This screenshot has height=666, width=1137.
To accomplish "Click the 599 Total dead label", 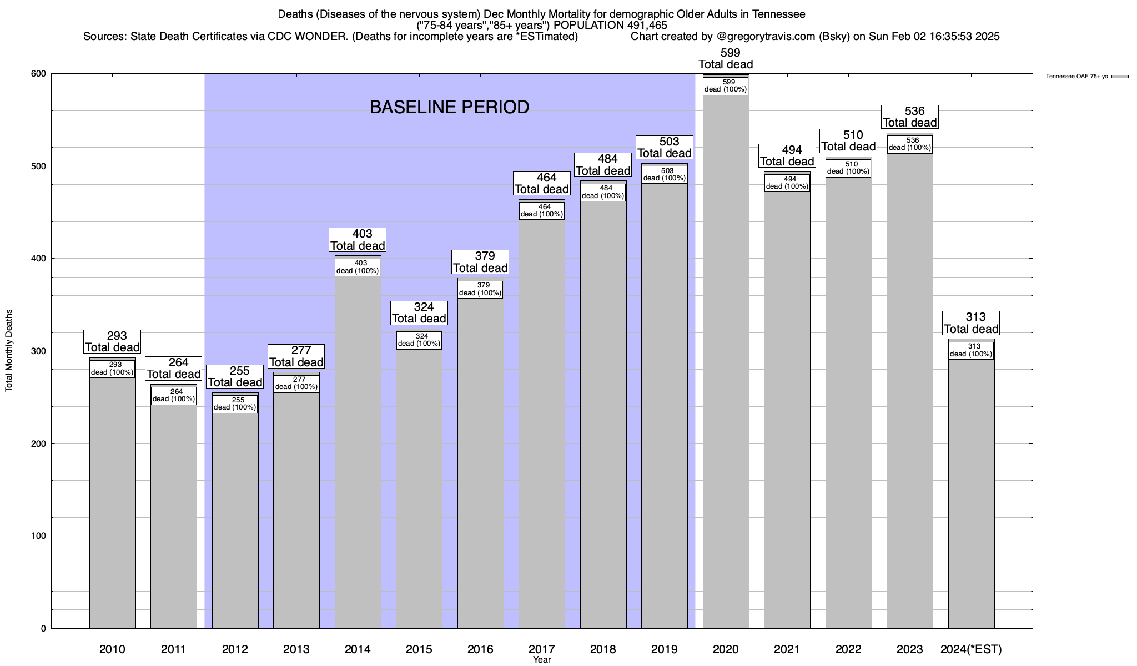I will click(x=726, y=59).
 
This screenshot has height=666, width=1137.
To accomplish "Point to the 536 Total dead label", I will click(x=910, y=117).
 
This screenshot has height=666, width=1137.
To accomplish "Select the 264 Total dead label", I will click(x=173, y=369).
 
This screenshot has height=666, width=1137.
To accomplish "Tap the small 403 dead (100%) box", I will click(x=358, y=267).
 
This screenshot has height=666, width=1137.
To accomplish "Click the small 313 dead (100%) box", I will click(x=971, y=350).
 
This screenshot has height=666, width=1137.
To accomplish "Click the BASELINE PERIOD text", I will click(x=449, y=107).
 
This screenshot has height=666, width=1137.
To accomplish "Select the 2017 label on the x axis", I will click(x=541, y=649).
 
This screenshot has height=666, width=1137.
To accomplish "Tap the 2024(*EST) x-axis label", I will click(x=971, y=649).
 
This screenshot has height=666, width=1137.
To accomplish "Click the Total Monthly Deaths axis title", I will click(x=9, y=351).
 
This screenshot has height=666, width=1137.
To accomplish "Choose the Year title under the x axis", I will click(x=541, y=660).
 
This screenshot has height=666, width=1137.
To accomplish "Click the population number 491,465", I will click(x=647, y=25).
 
